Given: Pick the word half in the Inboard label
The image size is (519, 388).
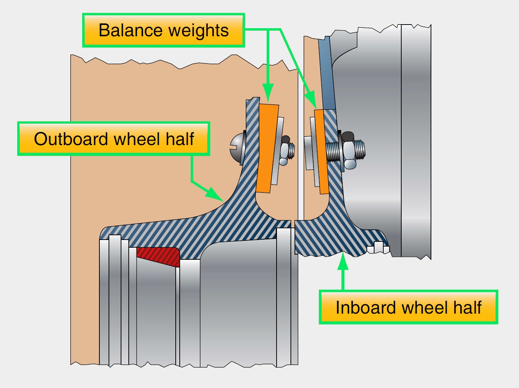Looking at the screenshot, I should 467,307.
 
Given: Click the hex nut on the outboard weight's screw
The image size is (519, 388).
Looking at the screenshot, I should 285,150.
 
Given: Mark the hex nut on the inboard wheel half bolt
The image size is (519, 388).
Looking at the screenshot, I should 348,150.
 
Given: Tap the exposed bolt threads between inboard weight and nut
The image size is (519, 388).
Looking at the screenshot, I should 334,151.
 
